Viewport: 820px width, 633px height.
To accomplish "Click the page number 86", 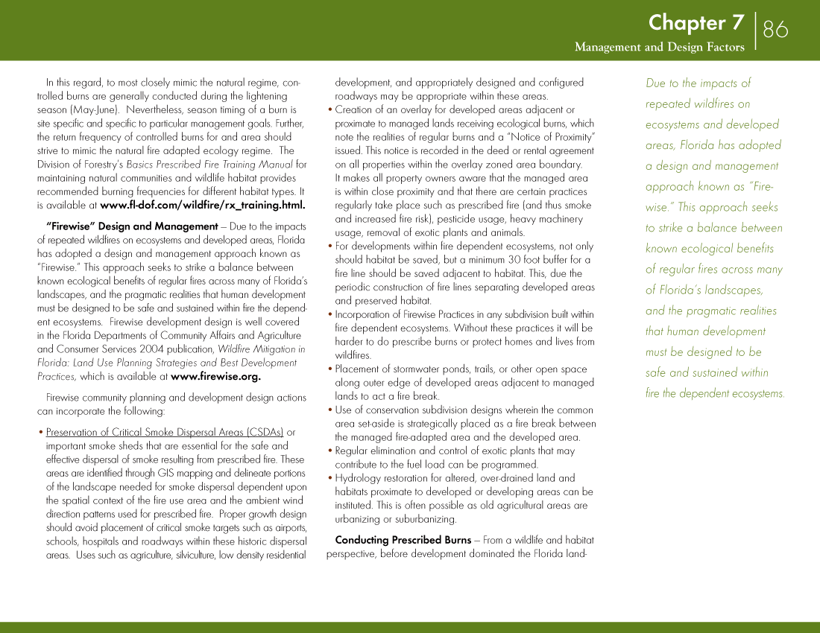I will pyautogui.click(x=775, y=29).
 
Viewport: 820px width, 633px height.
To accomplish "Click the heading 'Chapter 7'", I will pyautogui.click(x=696, y=23).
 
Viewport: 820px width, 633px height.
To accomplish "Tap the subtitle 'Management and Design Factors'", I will pyautogui.click(x=659, y=48).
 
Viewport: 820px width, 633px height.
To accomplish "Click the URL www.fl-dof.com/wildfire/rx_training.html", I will pyautogui.click(x=203, y=205).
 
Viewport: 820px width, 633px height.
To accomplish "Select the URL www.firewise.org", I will pyautogui.click(x=215, y=376).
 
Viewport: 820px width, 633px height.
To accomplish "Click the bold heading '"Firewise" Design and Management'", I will pyautogui.click(x=132, y=226).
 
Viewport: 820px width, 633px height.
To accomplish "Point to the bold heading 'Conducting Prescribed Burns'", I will pyautogui.click(x=403, y=540).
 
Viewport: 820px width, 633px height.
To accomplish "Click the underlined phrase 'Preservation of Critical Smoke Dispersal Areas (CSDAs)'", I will pyautogui.click(x=165, y=432).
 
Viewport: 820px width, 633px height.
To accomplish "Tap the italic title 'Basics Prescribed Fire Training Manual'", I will pyautogui.click(x=209, y=165).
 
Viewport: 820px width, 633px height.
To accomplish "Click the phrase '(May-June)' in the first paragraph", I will pyautogui.click(x=92, y=109).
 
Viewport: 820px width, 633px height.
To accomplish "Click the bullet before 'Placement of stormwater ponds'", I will pyautogui.click(x=330, y=369).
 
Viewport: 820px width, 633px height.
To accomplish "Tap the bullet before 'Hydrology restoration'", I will pyautogui.click(x=330, y=479).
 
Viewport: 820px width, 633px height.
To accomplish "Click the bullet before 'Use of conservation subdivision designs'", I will pyautogui.click(x=330, y=410).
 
